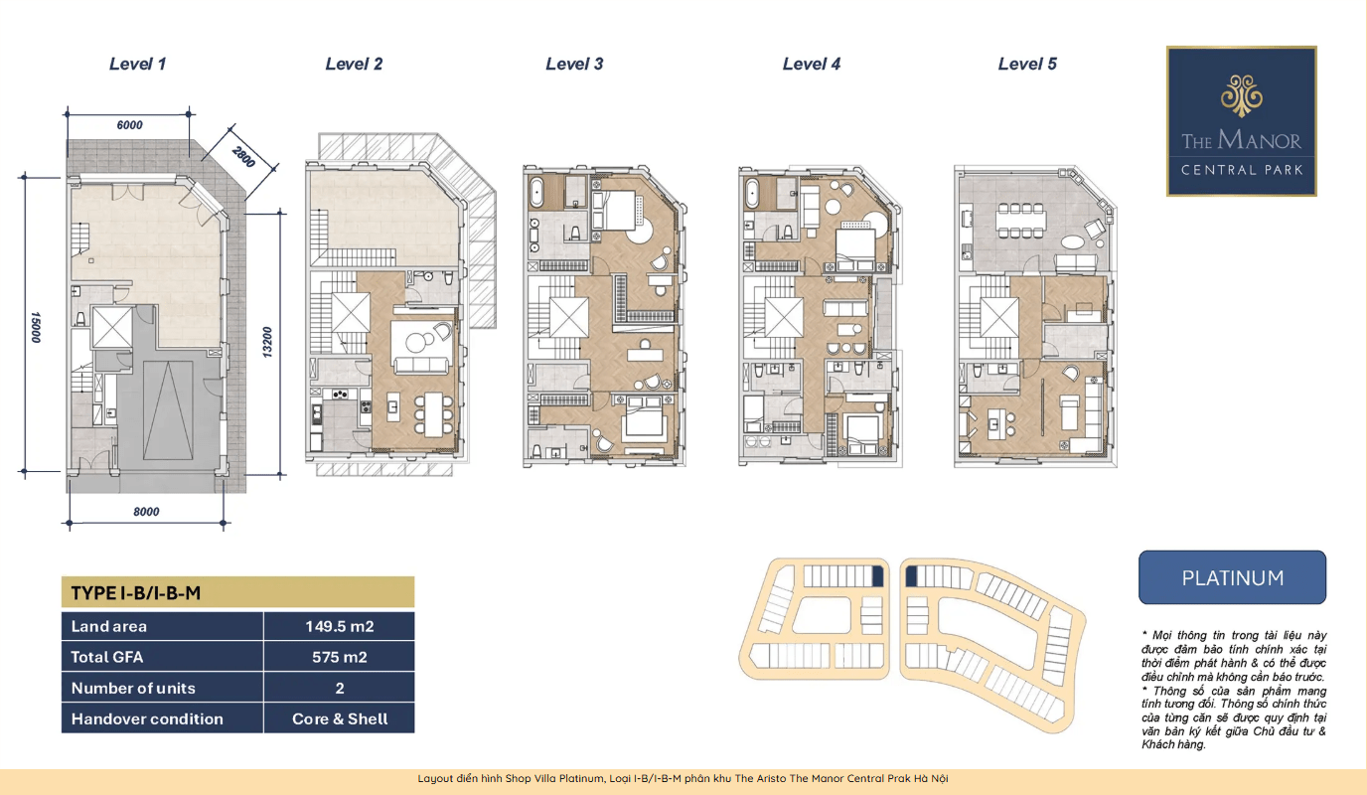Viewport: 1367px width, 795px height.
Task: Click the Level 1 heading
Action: (x=137, y=64)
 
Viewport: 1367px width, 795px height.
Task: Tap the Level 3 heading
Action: (x=574, y=64)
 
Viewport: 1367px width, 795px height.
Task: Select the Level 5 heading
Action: (x=1027, y=64)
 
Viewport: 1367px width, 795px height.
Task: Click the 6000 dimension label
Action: (x=129, y=125)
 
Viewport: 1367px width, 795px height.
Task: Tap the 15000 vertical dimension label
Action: (x=36, y=327)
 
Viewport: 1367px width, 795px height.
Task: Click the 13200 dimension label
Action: (x=267, y=342)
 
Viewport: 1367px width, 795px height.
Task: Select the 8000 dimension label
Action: (x=146, y=512)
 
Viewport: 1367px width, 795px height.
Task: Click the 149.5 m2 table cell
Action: (x=340, y=626)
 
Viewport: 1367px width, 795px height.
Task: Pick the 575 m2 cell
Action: (x=340, y=657)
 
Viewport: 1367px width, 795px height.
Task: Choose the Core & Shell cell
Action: (x=340, y=718)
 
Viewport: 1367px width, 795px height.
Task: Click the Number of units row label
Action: (x=133, y=688)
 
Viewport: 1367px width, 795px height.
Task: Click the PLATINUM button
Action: (x=1232, y=577)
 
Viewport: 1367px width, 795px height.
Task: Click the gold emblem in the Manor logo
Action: (x=1241, y=95)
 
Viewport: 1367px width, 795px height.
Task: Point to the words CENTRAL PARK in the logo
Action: (x=1242, y=170)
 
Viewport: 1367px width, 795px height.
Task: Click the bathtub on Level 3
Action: (x=537, y=193)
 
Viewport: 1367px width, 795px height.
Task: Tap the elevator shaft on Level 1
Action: (x=111, y=327)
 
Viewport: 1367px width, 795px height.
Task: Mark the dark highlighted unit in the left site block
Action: (x=878, y=576)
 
